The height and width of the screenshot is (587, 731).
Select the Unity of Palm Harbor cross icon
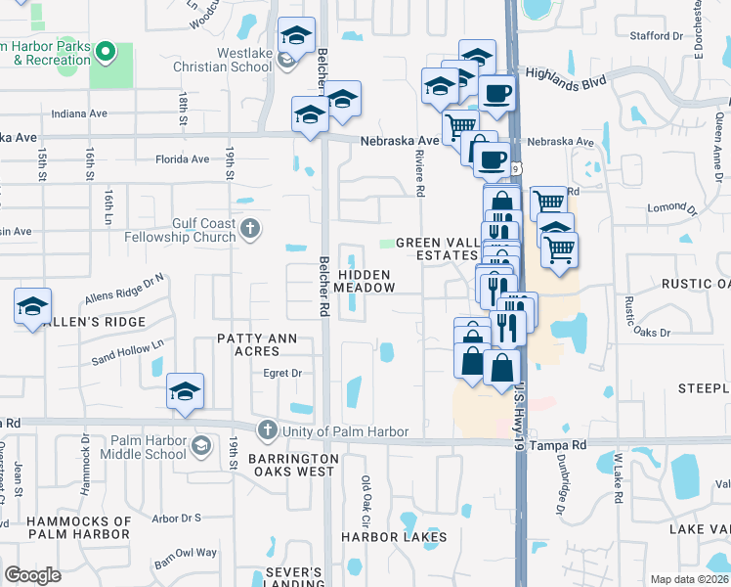click(x=268, y=430)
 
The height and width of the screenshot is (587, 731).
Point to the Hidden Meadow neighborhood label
click(x=365, y=282)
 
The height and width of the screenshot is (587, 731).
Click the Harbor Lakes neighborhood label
click(x=394, y=537)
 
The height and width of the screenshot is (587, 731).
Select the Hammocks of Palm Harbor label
click(x=79, y=527)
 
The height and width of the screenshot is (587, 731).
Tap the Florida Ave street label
click(x=182, y=159)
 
